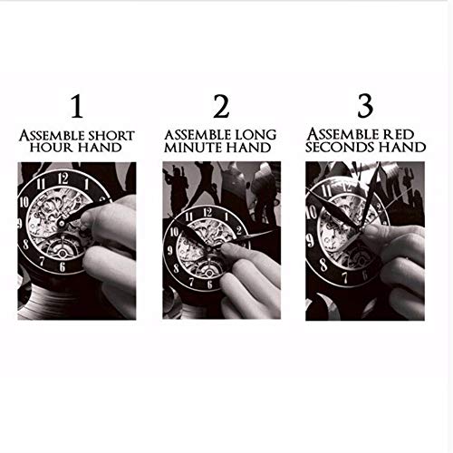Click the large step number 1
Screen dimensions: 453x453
[x=77, y=106]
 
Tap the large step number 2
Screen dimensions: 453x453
[x=221, y=106]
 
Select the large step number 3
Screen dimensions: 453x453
[x=365, y=106]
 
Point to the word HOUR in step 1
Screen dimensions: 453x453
[x=50, y=148]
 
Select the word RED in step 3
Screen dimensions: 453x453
[x=399, y=135]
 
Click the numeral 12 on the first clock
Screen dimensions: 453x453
[x=63, y=178]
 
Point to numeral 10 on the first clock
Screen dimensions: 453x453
[x=24, y=202]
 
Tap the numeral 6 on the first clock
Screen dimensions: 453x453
[x=63, y=267]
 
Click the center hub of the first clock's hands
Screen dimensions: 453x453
[x=62, y=224]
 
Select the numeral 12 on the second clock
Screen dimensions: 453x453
[x=207, y=212]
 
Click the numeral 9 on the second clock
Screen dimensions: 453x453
[x=170, y=250]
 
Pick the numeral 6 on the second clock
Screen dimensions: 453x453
[x=210, y=284]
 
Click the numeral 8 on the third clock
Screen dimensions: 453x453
[x=323, y=265]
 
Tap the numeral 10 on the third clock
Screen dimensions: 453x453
[x=312, y=212]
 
